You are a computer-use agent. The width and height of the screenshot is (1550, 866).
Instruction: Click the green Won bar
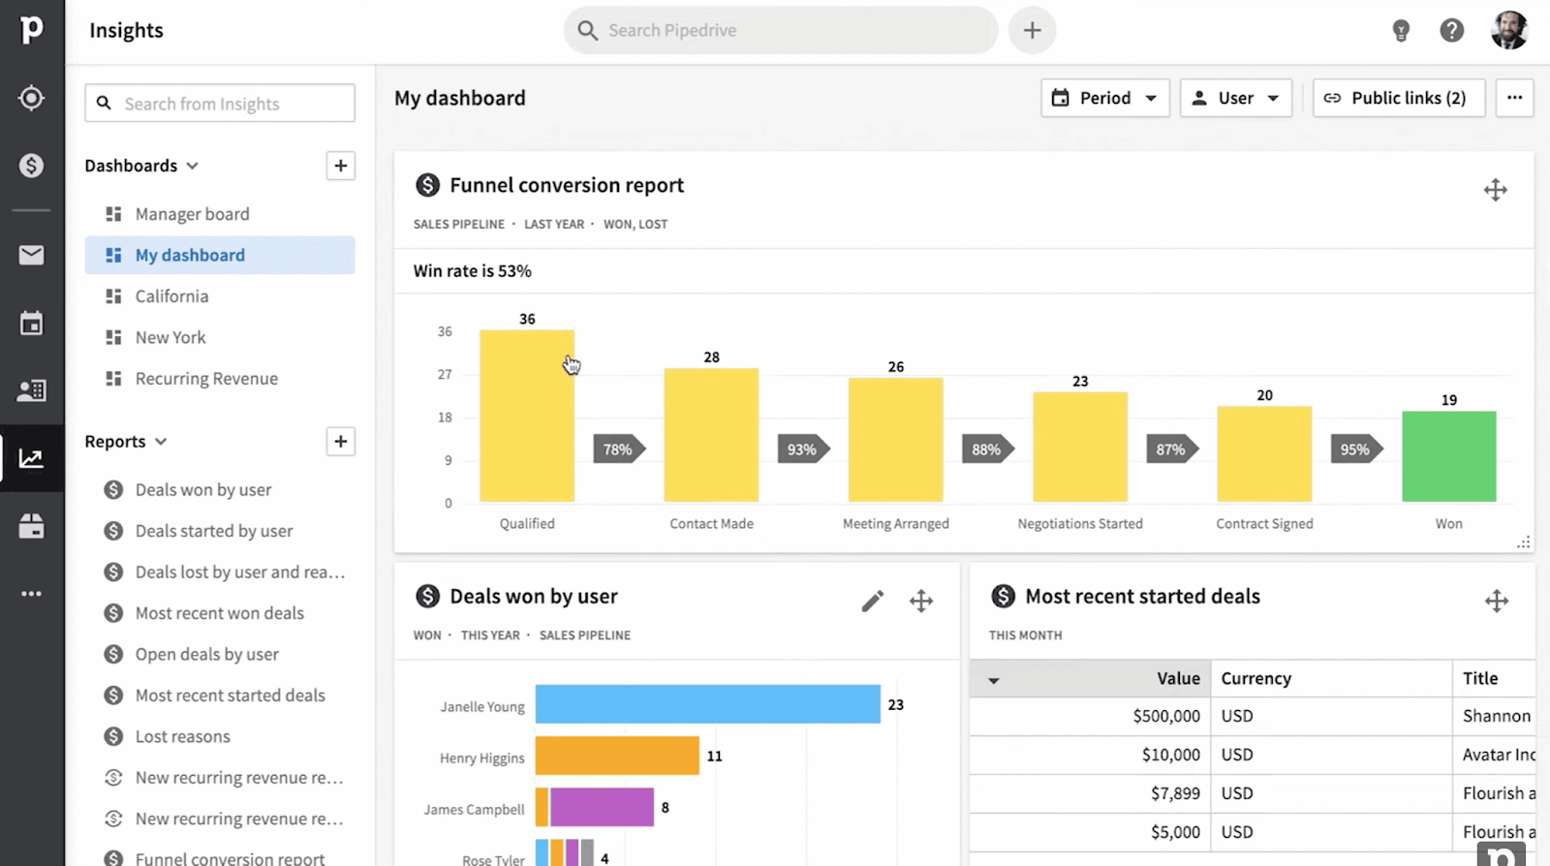coord(1448,456)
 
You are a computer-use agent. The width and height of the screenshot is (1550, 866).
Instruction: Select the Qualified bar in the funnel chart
coord(526,417)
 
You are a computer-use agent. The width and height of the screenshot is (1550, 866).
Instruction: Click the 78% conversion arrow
coord(618,449)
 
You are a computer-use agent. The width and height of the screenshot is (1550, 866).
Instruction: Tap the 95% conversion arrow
coord(1355,449)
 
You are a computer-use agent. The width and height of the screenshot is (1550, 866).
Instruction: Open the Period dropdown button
coord(1104,98)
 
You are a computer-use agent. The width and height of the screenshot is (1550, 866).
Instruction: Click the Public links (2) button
coord(1398,98)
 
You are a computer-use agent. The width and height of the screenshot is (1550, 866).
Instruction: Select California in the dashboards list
coord(171,296)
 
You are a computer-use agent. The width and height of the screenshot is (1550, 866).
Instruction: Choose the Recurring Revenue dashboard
coord(206,379)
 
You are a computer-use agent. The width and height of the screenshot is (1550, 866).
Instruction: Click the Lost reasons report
coord(182,737)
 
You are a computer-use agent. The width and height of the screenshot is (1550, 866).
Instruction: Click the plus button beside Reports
coord(340,442)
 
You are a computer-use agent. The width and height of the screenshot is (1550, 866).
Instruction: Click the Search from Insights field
coord(220,104)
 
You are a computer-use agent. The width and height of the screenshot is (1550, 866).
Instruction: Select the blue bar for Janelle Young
coord(707,704)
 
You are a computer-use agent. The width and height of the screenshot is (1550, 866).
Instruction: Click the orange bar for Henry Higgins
coord(617,756)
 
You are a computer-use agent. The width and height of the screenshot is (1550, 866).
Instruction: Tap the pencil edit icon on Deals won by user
coord(872,602)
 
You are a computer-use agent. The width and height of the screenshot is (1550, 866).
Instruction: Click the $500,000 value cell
coord(1165,716)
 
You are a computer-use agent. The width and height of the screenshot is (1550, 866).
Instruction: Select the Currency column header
coord(1255,679)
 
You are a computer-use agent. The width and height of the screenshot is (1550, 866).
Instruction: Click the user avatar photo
coord(1508,30)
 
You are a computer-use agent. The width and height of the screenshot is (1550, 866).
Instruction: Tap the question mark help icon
coord(1451,30)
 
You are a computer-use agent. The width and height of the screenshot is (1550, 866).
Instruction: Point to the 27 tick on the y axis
coord(445,375)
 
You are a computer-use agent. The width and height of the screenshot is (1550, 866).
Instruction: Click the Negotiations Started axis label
coord(1079,524)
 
